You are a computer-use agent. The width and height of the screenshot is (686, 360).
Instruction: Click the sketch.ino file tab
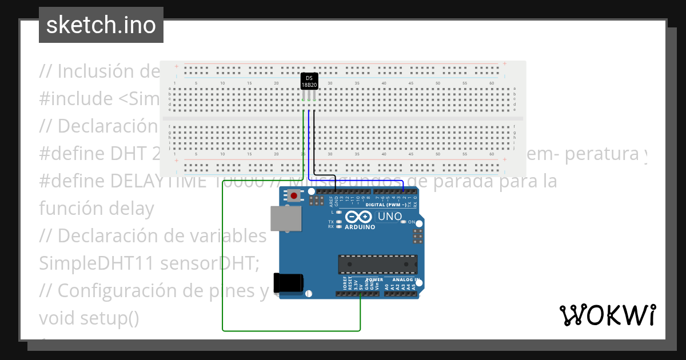coord(101,25)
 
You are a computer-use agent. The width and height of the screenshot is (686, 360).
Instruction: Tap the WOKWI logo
coord(607,315)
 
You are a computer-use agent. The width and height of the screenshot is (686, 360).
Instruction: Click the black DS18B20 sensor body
coord(309,81)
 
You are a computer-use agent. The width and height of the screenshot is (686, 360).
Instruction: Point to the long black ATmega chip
coord(377,264)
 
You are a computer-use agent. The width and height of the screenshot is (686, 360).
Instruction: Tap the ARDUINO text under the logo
coord(360,227)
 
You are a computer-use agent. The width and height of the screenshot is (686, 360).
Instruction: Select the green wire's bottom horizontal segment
coord(292,330)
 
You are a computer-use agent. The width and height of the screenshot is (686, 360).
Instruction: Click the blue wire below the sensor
coord(309,143)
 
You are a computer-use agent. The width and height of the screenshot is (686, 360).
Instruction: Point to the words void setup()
coord(89,318)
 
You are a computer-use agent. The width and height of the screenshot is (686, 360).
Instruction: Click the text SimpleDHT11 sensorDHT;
coord(149,263)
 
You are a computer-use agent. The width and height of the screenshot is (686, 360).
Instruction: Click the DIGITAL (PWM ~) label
coord(386,204)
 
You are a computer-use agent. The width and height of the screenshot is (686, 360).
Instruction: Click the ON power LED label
coord(411,222)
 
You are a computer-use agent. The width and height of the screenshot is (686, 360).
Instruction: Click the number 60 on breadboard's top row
coord(492,83)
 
